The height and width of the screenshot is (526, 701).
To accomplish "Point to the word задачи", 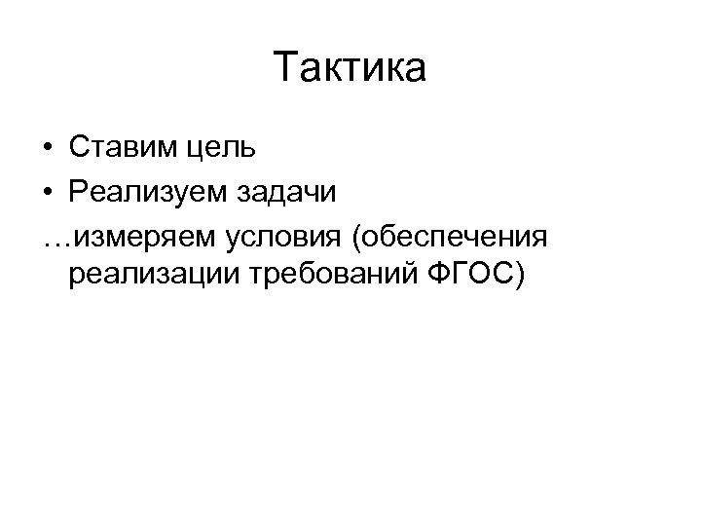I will click(x=287, y=192).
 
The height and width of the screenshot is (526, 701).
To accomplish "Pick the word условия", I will click(x=292, y=237).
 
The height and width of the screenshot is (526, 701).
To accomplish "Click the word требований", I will click(x=335, y=278).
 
